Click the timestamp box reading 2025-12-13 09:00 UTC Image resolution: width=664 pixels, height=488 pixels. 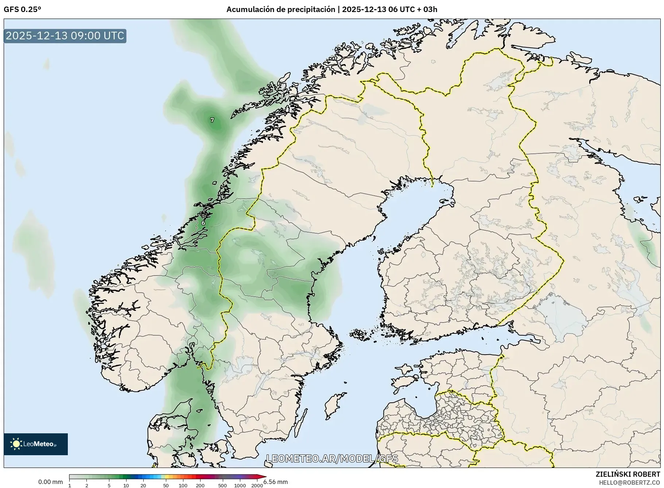[x=65, y=36]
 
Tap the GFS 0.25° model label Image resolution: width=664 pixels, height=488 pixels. [x=22, y=9]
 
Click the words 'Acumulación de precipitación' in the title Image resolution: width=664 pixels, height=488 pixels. [x=280, y=9]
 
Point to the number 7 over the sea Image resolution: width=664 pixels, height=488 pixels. [x=212, y=120]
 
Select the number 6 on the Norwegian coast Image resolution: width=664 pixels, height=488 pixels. [x=203, y=223]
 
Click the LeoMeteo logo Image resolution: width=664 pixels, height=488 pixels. [x=36, y=444]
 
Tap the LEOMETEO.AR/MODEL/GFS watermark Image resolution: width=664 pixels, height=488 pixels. [x=332, y=458]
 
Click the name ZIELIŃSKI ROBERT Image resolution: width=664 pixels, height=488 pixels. [x=628, y=474]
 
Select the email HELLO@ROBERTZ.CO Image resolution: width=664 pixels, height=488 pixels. [x=629, y=483]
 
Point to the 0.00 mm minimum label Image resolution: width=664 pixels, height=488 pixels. [x=50, y=482]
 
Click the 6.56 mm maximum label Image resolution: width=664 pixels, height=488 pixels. [x=276, y=482]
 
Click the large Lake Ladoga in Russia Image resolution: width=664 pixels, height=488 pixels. [x=563, y=312]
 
